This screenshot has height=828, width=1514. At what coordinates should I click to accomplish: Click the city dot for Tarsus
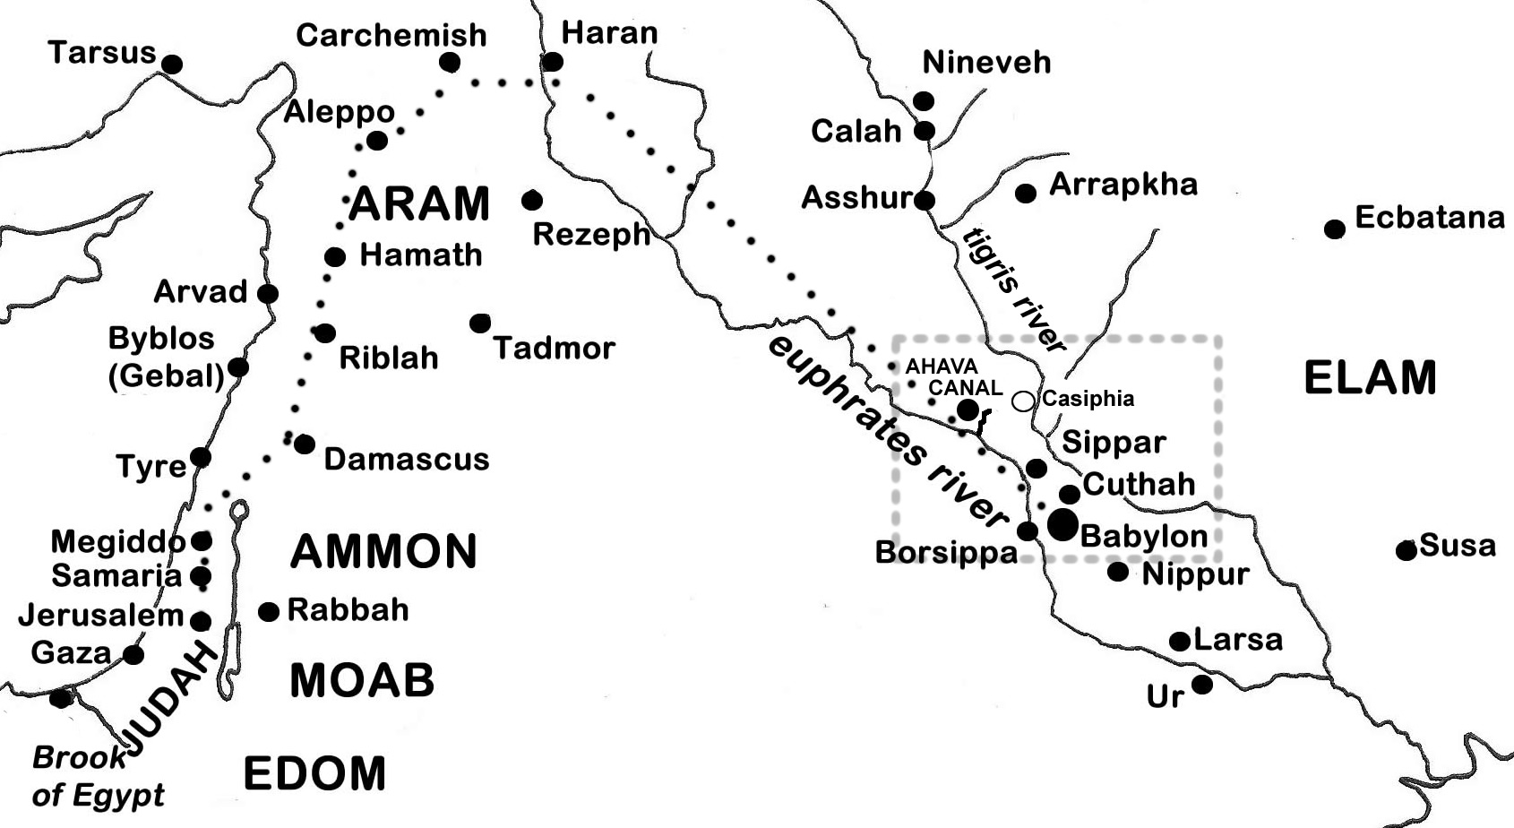pyautogui.click(x=171, y=64)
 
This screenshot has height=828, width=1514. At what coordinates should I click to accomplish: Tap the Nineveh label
pyautogui.click(x=986, y=62)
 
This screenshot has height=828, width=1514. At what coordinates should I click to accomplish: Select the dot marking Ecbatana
pyautogui.click(x=1335, y=229)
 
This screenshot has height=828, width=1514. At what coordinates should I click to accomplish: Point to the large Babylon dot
pyautogui.click(x=1063, y=524)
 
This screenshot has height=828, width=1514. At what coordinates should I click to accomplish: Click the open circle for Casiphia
pyautogui.click(x=1023, y=401)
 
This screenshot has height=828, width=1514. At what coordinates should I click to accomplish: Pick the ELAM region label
pyautogui.click(x=1370, y=377)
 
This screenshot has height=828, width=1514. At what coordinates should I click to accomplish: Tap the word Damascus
pyautogui.click(x=406, y=459)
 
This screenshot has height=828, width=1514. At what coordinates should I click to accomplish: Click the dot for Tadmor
pyautogui.click(x=480, y=323)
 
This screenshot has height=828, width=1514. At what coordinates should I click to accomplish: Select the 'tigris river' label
pyautogui.click(x=1015, y=289)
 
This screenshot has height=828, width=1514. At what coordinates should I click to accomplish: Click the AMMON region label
pyautogui.click(x=383, y=551)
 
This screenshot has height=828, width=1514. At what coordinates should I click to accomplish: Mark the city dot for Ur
pyautogui.click(x=1202, y=685)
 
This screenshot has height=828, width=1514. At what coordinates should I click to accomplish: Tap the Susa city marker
pyautogui.click(x=1406, y=550)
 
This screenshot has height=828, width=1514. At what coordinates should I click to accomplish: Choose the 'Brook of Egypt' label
pyautogui.click(x=97, y=776)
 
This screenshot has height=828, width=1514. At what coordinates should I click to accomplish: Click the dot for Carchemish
pyautogui.click(x=450, y=63)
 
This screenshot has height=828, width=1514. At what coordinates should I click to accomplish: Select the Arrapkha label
pyautogui.click(x=1123, y=184)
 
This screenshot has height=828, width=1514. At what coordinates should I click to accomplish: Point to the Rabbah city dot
pyautogui.click(x=269, y=611)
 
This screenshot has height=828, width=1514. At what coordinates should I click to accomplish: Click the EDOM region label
pyautogui.click(x=314, y=773)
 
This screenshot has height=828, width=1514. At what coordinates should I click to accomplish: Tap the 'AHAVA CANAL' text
pyautogui.click(x=953, y=377)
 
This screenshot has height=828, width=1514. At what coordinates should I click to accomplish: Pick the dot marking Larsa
pyautogui.click(x=1180, y=641)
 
